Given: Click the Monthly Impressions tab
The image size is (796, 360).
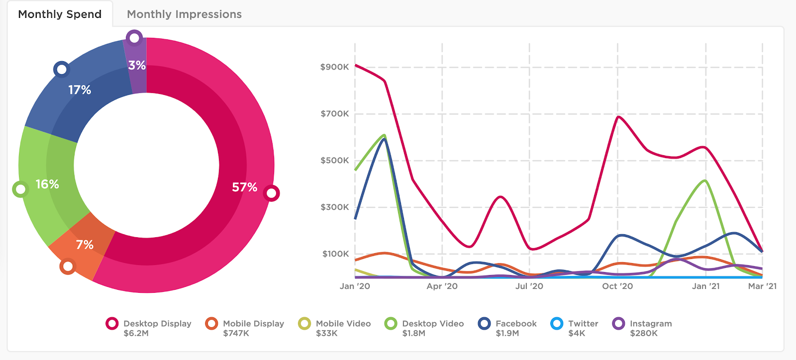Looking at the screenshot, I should (x=184, y=14).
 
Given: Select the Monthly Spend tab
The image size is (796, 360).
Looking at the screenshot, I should (x=60, y=14).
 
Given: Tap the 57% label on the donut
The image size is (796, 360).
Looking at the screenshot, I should (x=244, y=187).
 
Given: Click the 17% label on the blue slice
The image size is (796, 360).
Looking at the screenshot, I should (x=80, y=90).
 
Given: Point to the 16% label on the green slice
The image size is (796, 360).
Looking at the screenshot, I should (x=47, y=184).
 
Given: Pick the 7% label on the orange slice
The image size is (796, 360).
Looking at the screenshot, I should (x=85, y=245).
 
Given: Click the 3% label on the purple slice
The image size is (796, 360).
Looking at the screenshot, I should (x=137, y=66).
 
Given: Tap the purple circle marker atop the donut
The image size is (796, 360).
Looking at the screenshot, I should (x=134, y=38).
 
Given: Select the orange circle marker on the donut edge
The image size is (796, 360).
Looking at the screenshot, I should (x=68, y=267).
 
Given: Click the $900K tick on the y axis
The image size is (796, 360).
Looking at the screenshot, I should (x=335, y=67).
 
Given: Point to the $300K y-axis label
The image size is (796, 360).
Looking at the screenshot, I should (x=335, y=207).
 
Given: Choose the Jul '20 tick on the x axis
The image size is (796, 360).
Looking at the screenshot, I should (x=529, y=286).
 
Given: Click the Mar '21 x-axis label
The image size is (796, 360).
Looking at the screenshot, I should (x=762, y=286).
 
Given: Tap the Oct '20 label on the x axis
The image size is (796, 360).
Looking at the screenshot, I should (x=617, y=286).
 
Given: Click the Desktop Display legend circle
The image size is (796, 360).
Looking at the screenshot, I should (x=112, y=324).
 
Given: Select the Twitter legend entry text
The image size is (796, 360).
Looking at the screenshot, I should (x=583, y=324).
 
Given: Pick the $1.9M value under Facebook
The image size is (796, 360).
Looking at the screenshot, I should (x=507, y=333).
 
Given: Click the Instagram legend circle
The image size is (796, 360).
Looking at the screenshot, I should (x=619, y=324).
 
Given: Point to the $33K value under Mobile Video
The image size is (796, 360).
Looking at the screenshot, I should (x=326, y=333).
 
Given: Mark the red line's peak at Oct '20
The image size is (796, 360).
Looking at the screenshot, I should (x=618, y=117).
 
